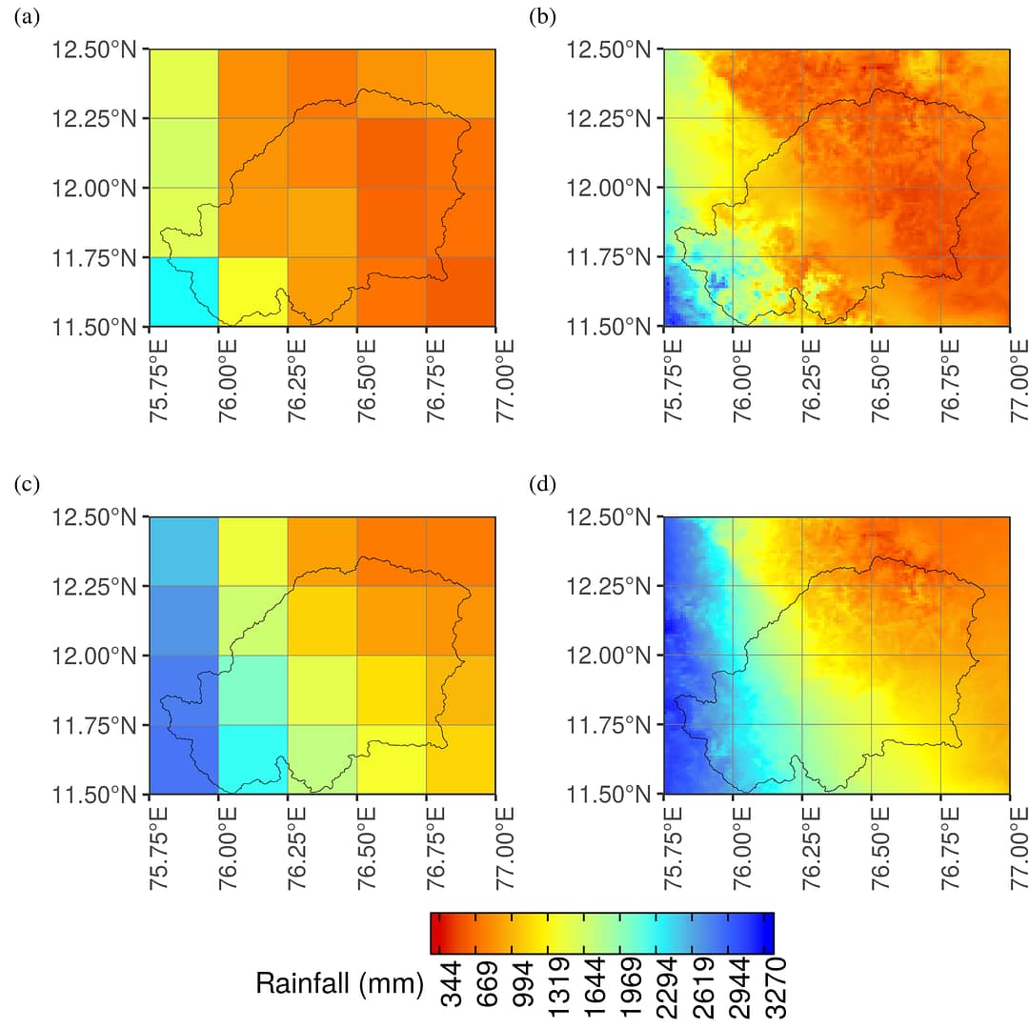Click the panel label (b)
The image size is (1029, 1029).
coord(542,18)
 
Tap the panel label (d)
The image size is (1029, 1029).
coord(542,485)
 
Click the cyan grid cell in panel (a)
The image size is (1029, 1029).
coord(184,292)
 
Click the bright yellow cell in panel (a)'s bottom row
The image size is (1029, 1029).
coord(253,292)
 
